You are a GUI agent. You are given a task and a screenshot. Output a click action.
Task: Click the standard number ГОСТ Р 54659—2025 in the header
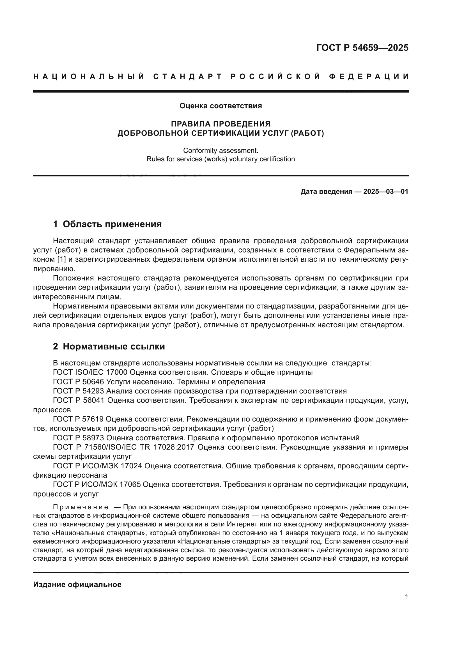click(362, 48)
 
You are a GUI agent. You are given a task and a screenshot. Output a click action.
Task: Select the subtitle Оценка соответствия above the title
click(220, 106)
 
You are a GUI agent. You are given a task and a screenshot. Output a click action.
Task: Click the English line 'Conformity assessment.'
click(220, 151)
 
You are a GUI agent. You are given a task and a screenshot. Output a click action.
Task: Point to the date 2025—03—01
click(386, 192)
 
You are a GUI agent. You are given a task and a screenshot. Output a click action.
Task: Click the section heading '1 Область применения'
click(107, 224)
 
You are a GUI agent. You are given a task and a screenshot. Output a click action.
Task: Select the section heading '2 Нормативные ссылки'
click(109, 347)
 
